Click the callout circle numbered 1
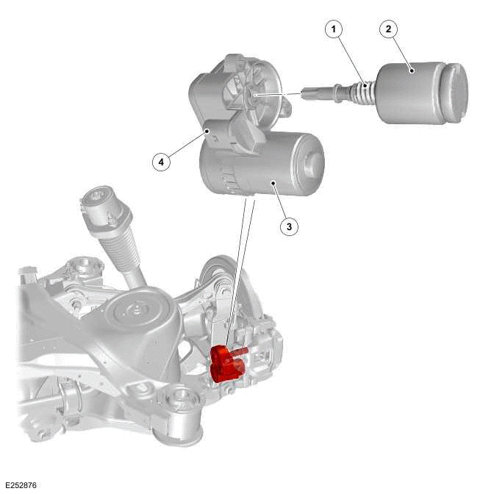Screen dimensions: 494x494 (x=335, y=30)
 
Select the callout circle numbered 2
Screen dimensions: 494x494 (x=389, y=30)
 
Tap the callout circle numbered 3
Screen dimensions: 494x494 (x=289, y=226)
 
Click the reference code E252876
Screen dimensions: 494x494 (x=21, y=485)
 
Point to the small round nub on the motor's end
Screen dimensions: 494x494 (x=316, y=156)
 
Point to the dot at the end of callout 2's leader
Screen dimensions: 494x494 (x=413, y=71)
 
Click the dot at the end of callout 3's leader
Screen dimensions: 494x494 (x=273, y=184)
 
